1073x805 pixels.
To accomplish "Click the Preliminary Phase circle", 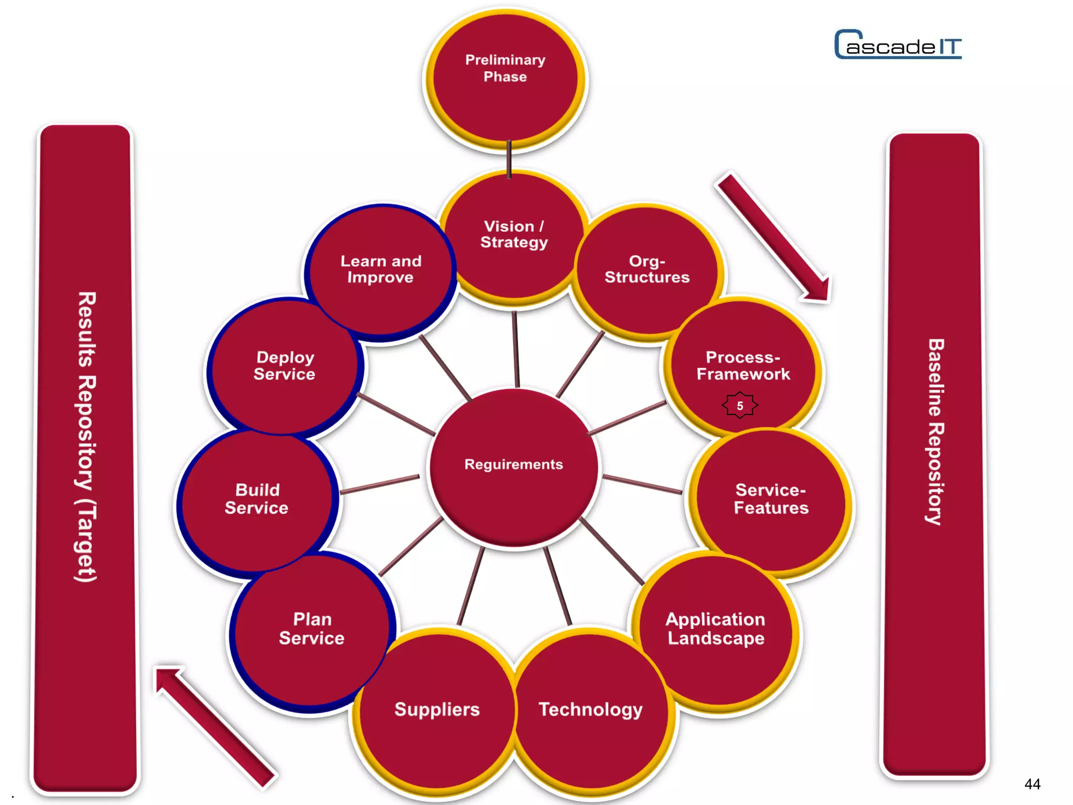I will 505,79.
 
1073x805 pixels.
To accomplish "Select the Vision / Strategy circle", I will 513,236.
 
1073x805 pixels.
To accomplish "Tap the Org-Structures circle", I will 647,270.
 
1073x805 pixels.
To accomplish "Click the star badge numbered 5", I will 740,405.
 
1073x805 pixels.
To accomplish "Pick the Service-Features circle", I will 770,501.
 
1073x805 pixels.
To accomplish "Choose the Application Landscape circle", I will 716,629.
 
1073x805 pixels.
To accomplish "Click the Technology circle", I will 591,710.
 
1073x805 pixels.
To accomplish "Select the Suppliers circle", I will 437,710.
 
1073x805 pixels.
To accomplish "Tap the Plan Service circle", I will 312,629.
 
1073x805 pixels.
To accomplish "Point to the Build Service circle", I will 257,501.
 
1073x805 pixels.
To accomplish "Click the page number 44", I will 1032,784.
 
